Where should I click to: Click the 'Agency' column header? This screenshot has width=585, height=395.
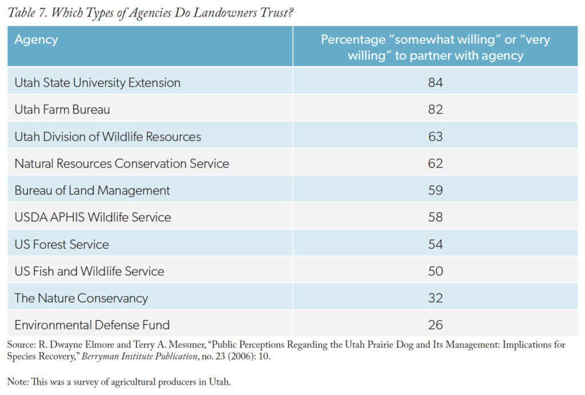36,40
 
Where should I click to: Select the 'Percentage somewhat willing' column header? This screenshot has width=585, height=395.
435,47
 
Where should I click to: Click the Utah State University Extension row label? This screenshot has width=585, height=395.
97,83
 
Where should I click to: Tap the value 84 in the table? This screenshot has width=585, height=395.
435,83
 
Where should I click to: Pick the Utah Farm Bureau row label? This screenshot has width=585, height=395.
62,110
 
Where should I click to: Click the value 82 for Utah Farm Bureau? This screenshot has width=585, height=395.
435,110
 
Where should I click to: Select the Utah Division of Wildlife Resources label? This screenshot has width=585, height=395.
107,136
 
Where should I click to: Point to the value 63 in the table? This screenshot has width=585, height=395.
435,136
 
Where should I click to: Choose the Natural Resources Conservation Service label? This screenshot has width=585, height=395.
122,164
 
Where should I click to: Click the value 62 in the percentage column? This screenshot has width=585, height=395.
435,164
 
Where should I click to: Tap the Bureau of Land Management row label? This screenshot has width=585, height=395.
92,191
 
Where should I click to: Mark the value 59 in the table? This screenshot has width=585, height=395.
435,191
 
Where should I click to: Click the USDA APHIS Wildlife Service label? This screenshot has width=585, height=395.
93,217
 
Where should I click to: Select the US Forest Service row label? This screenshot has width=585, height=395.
62,244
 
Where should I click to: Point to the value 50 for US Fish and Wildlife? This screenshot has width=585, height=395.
435,271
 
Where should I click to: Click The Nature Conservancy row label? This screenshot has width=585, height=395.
81,298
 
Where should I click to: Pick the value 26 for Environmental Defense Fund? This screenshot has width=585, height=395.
435,325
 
